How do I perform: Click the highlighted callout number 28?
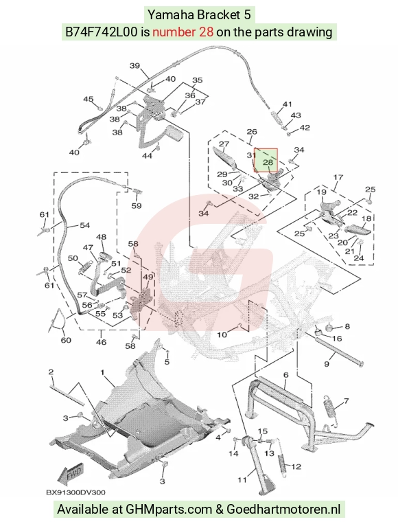pos(268,162)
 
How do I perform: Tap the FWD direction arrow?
pos(69,474)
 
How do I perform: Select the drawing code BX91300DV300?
pos(75,492)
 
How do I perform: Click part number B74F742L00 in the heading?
pos(101,32)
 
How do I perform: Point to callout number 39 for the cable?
pos(134,66)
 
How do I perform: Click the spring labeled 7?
pos(330,411)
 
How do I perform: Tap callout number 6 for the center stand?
pos(286,375)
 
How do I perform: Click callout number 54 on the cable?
pos(84,225)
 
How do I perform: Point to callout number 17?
pos(338,177)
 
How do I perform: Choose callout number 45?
pos(89,100)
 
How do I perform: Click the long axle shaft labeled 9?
pos(338,352)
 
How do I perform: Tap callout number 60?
pos(66,340)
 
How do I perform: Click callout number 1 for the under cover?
pos(102,372)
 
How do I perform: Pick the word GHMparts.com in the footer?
pos(169,510)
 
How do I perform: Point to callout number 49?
pos(148,277)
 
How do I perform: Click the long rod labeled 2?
pos(67,395)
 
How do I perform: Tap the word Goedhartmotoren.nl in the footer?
pos(283,510)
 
